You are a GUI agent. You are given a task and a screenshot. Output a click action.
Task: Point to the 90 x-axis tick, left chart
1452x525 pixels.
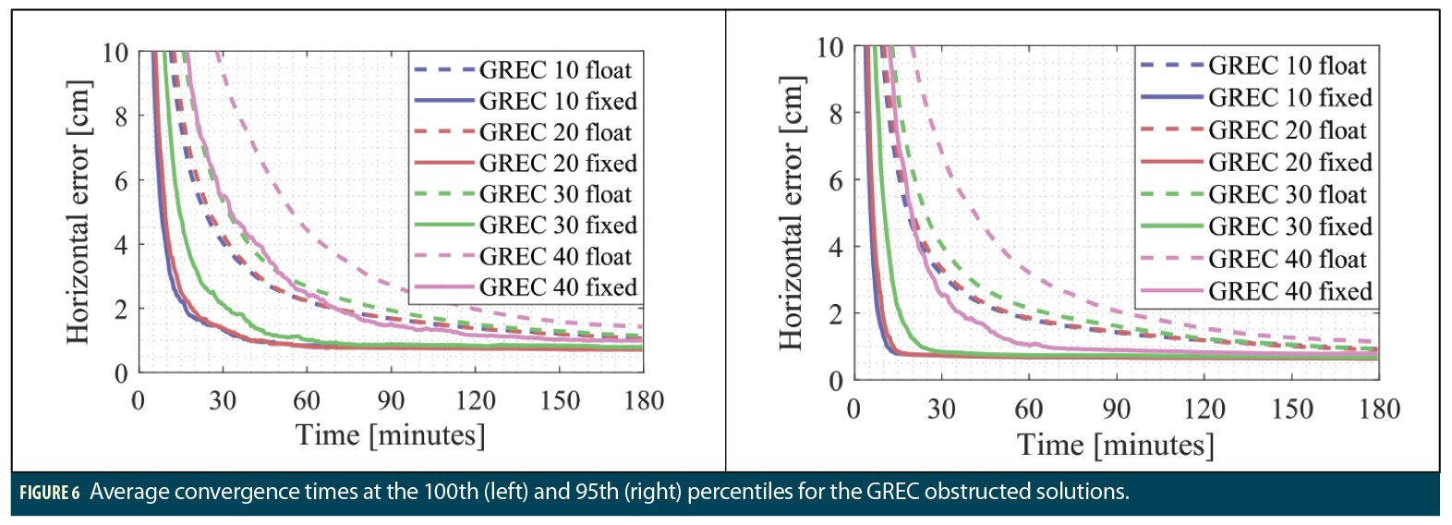391,400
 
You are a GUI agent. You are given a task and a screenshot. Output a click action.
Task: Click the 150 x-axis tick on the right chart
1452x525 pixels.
1291,409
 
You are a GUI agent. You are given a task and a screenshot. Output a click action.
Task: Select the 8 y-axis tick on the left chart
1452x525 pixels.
121,116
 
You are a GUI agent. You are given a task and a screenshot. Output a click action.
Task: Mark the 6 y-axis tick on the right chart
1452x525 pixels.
835,180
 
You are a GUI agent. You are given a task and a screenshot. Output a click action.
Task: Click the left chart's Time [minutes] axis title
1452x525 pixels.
390,434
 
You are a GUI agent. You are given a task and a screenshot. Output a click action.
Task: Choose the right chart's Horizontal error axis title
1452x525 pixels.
792,213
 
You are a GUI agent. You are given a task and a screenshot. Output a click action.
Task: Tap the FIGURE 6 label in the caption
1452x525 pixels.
50,492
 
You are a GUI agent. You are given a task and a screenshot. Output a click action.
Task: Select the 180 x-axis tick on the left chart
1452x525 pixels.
644,400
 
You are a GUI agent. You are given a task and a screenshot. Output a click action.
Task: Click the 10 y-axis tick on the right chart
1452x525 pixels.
829,47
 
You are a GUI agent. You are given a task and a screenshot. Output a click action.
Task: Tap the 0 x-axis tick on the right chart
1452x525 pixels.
854,409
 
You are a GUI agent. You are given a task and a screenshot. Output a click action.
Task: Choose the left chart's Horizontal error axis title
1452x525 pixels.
79,212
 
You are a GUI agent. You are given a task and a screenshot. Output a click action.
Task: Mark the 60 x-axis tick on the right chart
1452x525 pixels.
1029,409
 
